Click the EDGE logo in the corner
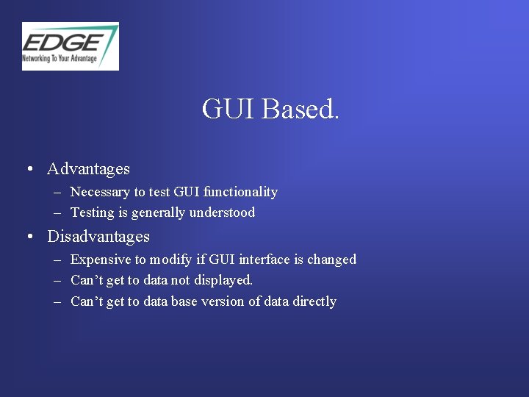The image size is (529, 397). click(70, 46)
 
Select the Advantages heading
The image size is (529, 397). click(88, 169)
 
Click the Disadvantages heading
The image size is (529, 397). click(98, 237)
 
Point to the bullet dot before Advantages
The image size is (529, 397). click(27, 170)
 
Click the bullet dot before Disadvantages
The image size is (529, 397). click(27, 237)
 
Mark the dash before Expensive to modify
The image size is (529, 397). click(57, 260)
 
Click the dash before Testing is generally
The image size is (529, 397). click(57, 213)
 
